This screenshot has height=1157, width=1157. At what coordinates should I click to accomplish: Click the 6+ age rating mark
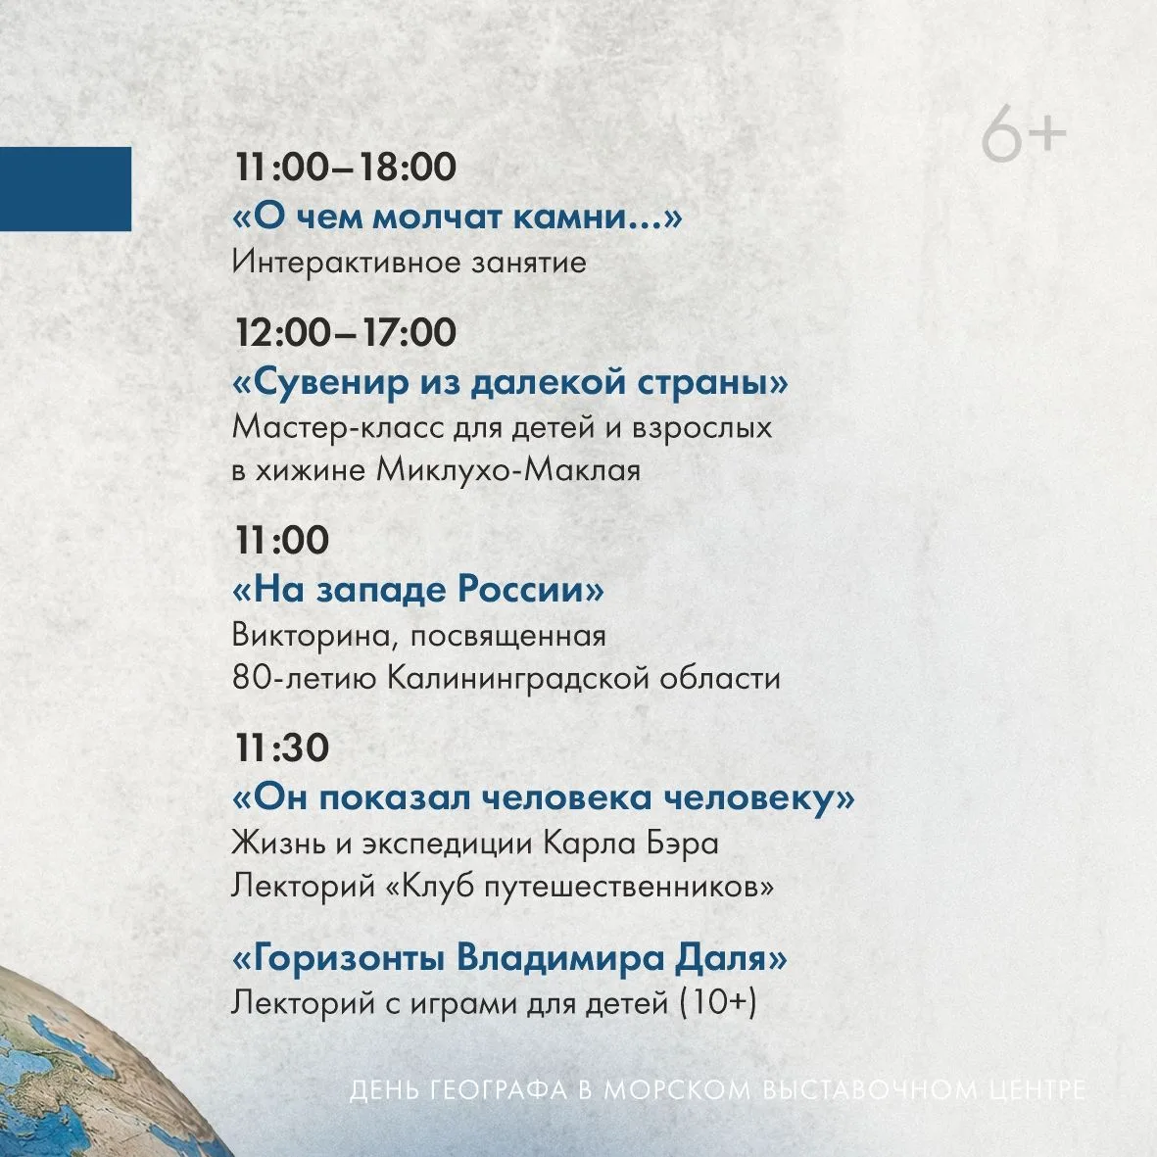pyautogui.click(x=1024, y=133)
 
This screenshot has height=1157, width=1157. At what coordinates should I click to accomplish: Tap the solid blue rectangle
pyautogui.click(x=66, y=189)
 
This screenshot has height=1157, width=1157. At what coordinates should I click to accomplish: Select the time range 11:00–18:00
pyautogui.click(x=345, y=167)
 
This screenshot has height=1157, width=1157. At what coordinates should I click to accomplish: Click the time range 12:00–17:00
pyautogui.click(x=345, y=332)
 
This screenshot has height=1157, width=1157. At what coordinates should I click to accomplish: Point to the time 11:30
pyautogui.click(x=282, y=747)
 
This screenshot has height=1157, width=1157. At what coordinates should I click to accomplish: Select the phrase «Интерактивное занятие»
pyautogui.click(x=409, y=262)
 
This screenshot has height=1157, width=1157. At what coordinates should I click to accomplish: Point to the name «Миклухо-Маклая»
pyautogui.click(x=507, y=470)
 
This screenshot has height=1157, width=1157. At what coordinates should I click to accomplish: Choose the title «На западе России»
pyautogui.click(x=418, y=590)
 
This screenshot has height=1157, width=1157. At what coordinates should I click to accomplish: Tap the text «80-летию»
pyautogui.click(x=305, y=677)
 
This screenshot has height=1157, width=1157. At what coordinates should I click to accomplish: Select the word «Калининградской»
pyautogui.click(x=518, y=678)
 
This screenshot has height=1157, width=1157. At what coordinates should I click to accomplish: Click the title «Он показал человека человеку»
pyautogui.click(x=544, y=797)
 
